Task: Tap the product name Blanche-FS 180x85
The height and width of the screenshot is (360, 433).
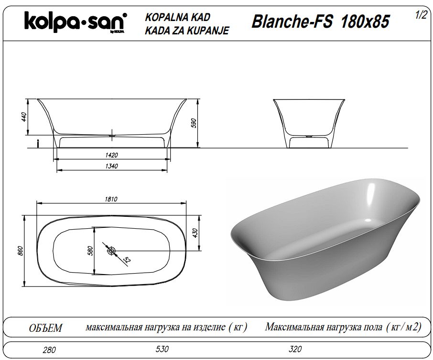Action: click(x=320, y=21)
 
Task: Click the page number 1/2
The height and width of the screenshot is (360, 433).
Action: click(x=421, y=15)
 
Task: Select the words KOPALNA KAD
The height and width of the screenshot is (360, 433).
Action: click(x=178, y=17)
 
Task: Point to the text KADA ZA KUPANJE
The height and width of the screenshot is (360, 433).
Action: click(x=187, y=31)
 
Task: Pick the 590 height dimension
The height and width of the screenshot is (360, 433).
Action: click(x=194, y=123)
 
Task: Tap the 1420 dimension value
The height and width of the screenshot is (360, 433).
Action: click(x=111, y=155)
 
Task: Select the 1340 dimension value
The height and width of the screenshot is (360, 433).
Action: click(x=111, y=166)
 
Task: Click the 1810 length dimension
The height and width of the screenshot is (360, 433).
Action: click(x=111, y=199)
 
